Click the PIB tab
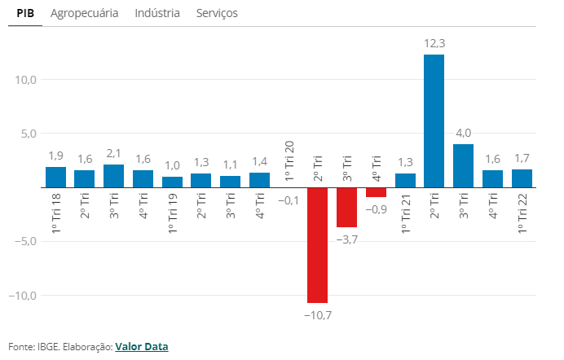pyautogui.click(x=24, y=14)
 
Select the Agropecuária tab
pyautogui.click(x=84, y=14)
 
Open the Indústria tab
pyautogui.click(x=157, y=14)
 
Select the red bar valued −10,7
pyautogui.click(x=317, y=244)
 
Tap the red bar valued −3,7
pyautogui.click(x=346, y=207)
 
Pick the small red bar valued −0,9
pyautogui.click(x=376, y=192)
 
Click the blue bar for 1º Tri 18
pyautogui.click(x=55, y=177)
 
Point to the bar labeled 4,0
pyautogui.click(x=463, y=165)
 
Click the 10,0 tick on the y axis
pyautogui.click(x=24, y=80)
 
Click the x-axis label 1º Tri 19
pyautogui.click(x=172, y=213)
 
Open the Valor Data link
pyautogui.click(x=141, y=346)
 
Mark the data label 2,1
pyautogui.click(x=113, y=154)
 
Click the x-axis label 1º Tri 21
pyautogui.click(x=405, y=213)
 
